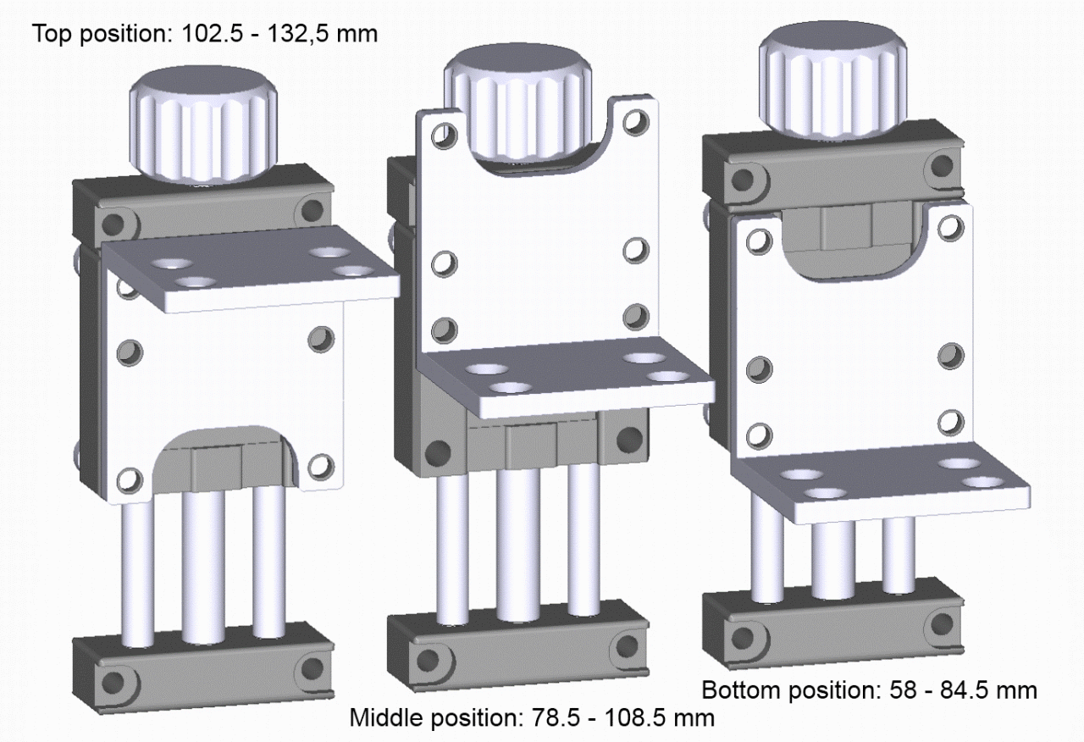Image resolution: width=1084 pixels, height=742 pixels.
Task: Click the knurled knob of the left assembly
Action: (x=203, y=124)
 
